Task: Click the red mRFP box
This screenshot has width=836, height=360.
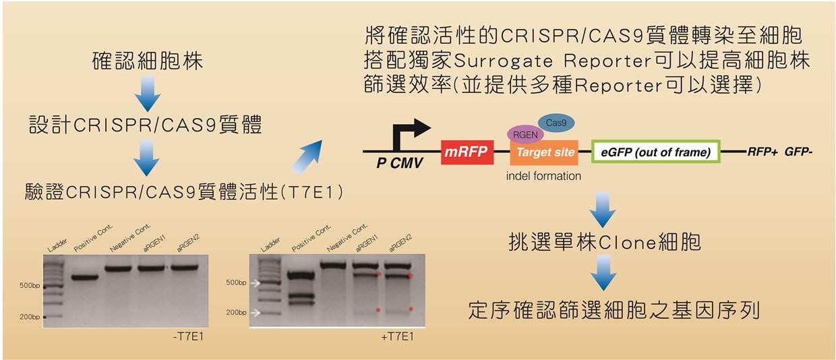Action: coord(466,152)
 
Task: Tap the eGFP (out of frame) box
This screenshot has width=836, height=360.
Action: coord(655,152)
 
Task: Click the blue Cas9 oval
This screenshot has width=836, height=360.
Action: coord(556,123)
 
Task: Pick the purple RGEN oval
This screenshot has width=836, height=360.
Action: coord(525,134)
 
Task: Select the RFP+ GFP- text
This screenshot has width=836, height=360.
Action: coord(779,152)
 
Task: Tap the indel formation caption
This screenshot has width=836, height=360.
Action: coord(543,176)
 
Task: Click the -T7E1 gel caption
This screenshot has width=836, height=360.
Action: coord(187,336)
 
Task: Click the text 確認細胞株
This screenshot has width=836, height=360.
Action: coord(147,62)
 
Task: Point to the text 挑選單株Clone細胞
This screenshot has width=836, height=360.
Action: coord(604,242)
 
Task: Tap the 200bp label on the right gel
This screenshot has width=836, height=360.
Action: coord(235,313)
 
